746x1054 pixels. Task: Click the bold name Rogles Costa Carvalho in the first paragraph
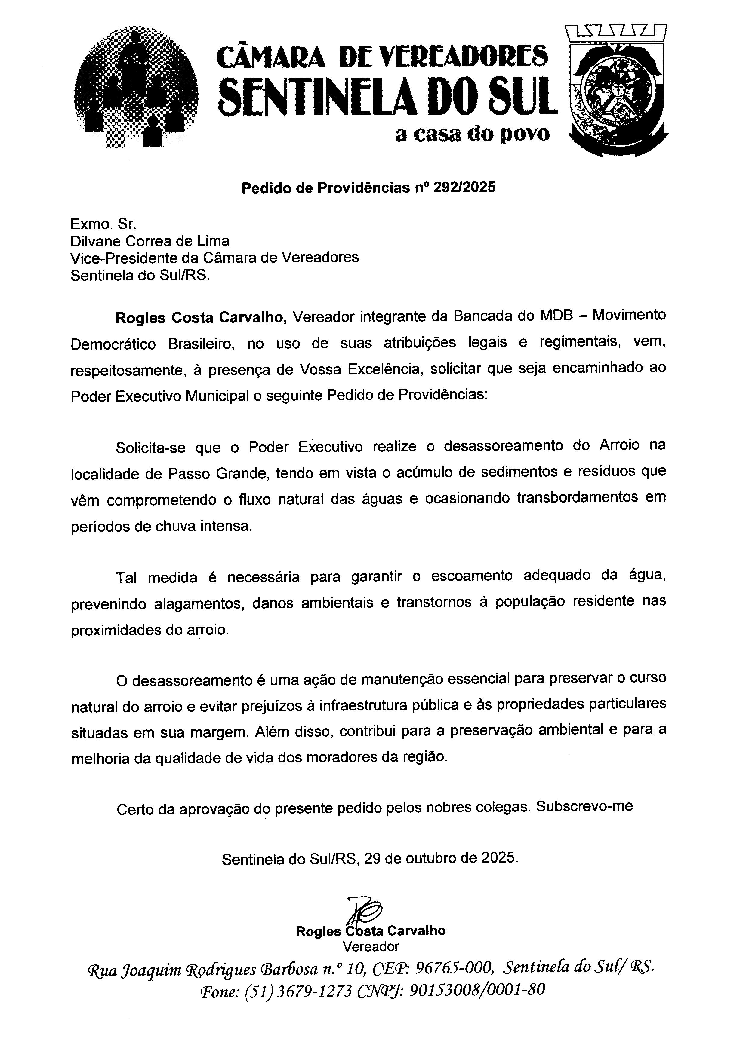pos(201,317)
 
